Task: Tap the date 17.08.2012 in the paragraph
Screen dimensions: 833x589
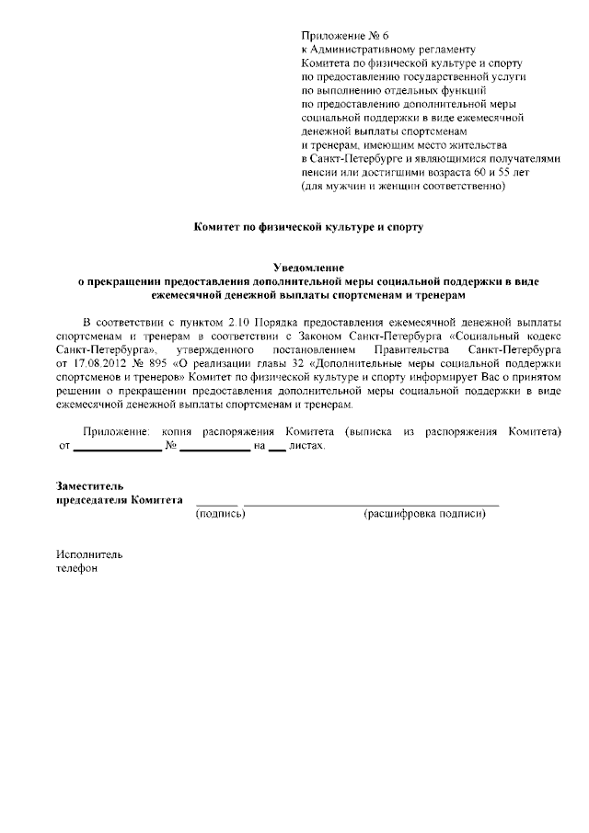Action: (94, 364)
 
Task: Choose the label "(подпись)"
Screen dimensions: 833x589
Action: (220, 514)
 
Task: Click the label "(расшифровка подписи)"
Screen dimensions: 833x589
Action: (424, 514)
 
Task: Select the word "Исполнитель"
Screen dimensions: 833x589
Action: (88, 554)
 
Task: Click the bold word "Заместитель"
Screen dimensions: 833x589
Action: (90, 485)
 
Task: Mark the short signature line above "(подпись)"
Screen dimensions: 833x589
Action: (217, 505)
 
